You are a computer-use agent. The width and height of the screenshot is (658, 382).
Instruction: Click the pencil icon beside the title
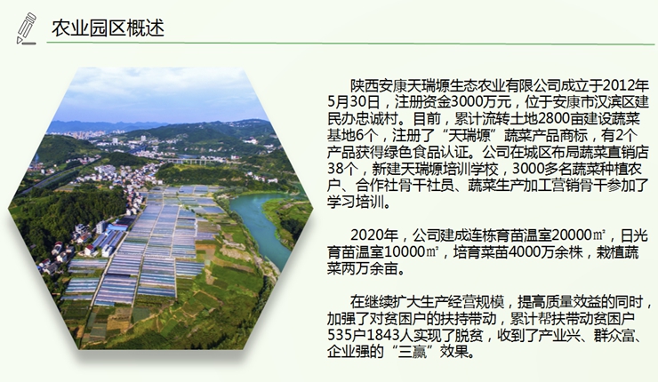coord(26,28)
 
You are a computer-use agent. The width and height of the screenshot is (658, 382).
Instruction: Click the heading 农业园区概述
coord(108,28)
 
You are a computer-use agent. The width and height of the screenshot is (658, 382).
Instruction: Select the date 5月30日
coord(354,102)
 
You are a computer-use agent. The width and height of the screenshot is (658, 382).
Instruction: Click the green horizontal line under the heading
coord(350,43)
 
